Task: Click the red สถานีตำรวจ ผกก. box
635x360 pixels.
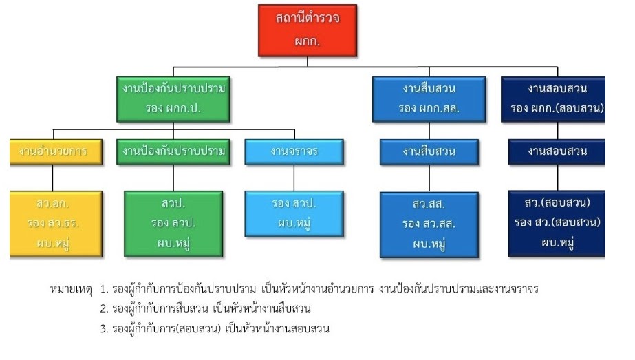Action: pyautogui.click(x=308, y=30)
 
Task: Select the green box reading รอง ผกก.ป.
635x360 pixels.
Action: pyautogui.click(x=173, y=99)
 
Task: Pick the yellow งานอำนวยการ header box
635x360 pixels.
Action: pyautogui.click(x=55, y=151)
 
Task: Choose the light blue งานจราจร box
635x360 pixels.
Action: pyautogui.click(x=294, y=151)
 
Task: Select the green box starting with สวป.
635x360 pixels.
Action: pyautogui.click(x=173, y=224)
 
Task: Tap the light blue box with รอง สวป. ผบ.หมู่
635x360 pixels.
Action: pyautogui.click(x=294, y=213)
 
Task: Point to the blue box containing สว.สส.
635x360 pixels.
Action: pyautogui.click(x=429, y=224)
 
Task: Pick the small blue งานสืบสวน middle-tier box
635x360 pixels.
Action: pyautogui.click(x=429, y=151)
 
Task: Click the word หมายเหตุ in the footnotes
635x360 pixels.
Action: pyautogui.click(x=69, y=289)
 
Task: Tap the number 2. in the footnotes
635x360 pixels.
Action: pyautogui.click(x=104, y=309)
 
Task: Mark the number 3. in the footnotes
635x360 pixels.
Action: pyautogui.click(x=104, y=329)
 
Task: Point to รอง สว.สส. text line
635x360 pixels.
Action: pyautogui.click(x=429, y=224)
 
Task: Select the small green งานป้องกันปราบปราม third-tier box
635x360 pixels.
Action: pyautogui.click(x=173, y=151)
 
